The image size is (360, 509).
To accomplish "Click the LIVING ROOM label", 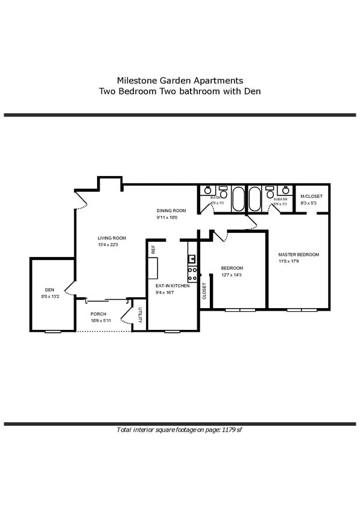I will coord(112,238).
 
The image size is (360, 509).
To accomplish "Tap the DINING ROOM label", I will coord(171,210).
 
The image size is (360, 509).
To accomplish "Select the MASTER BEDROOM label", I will coord(298,255).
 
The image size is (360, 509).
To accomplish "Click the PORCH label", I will coord(98,314).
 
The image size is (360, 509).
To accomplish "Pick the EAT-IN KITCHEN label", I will coord(172,285).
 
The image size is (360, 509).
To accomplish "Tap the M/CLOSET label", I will coord(312,197).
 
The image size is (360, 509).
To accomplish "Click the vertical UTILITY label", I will coord(140,315).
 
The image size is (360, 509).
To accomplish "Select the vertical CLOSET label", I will coord(204,291).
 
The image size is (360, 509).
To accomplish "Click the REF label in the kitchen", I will coord(153,248).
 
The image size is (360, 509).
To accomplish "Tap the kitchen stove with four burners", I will coord(192,274).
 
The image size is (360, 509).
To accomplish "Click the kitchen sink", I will coord(192,259).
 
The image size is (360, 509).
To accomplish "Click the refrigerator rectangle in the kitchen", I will coord(153,267).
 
